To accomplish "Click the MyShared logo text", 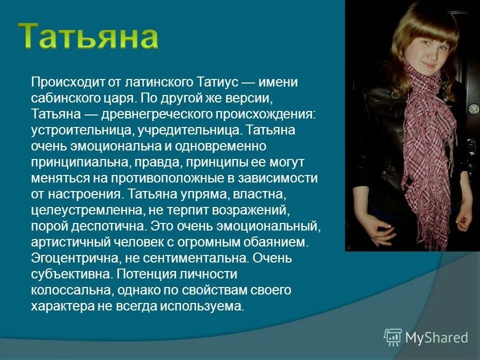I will [x=436, y=338].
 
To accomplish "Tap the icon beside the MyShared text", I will [x=392, y=337].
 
